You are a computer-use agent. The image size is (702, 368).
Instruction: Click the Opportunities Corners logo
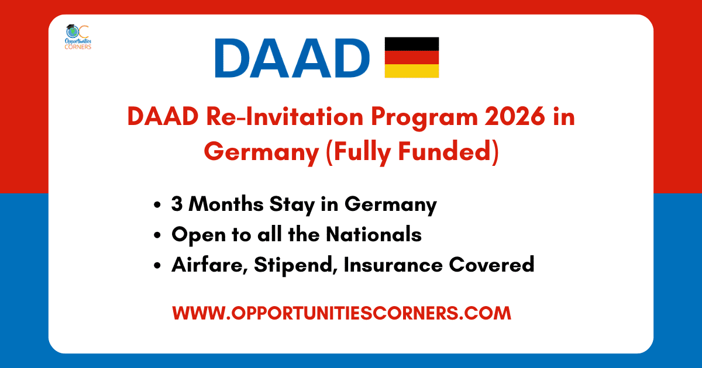[78, 37]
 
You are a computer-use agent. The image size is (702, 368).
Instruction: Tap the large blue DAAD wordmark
[292, 58]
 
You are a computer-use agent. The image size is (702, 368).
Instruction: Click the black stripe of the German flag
[412, 44]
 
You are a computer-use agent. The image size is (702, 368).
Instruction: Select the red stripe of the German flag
[412, 57]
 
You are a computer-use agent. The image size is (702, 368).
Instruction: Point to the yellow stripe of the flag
[412, 71]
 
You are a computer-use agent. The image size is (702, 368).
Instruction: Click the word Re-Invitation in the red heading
[284, 117]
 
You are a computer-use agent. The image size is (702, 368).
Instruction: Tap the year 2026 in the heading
[515, 117]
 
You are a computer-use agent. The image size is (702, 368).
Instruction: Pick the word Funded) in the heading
[449, 152]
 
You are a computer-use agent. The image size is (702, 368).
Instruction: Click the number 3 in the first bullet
[177, 204]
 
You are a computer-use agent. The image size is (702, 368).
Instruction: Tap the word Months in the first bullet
[226, 204]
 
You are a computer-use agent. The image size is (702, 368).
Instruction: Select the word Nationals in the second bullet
[374, 234]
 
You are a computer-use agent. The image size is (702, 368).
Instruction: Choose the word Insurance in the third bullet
[393, 265]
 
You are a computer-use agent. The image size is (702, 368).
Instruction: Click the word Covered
[492, 265]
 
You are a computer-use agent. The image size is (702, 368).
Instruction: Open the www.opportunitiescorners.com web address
[342, 313]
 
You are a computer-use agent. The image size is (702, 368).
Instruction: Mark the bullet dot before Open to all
[157, 235]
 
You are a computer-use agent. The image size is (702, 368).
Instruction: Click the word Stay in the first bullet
[292, 205]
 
